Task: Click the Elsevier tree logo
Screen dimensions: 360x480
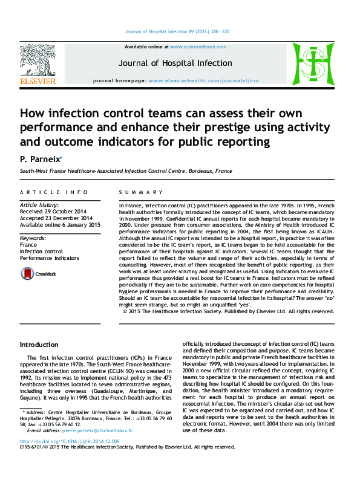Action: tap(38, 62)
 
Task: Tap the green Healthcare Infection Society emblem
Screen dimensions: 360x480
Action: tap(313, 63)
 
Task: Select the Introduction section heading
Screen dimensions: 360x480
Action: tap(39, 345)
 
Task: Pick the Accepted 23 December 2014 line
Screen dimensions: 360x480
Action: tap(56, 218)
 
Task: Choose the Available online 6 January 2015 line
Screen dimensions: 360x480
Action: tap(60, 225)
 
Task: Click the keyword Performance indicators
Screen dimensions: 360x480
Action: tap(49, 258)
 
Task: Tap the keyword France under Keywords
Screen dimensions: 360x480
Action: tap(28, 245)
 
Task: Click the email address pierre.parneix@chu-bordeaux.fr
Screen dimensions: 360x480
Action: tap(97, 447)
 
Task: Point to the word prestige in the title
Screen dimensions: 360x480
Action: tap(256, 128)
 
